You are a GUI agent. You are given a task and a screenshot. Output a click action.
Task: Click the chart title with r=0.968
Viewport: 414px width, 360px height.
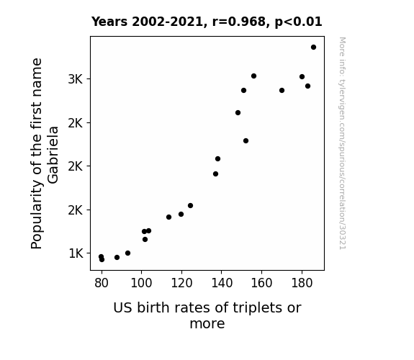pyautogui.click(x=207, y=22)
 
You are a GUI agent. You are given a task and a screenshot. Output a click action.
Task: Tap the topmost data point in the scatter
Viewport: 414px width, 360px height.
pyautogui.click(x=313, y=48)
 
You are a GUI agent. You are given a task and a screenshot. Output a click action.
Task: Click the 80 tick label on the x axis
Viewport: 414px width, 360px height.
pyautogui.click(x=102, y=283)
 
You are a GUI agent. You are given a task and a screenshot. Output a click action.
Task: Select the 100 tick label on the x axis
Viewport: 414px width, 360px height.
pyautogui.click(x=142, y=283)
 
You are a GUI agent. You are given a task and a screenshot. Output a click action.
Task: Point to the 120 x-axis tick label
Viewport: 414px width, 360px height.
pyautogui.click(x=181, y=283)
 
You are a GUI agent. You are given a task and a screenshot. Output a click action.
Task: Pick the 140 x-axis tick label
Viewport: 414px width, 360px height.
pyautogui.click(x=222, y=283)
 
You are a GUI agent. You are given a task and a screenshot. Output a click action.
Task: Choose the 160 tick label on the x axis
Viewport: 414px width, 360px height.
pyautogui.click(x=261, y=283)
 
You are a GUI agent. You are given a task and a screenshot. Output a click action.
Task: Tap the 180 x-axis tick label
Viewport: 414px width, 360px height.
pyautogui.click(x=302, y=283)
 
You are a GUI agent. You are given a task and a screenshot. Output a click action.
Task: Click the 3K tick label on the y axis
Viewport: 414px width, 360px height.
pyautogui.click(x=76, y=79)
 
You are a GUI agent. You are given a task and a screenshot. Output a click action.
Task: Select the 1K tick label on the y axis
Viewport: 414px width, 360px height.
pyautogui.click(x=76, y=253)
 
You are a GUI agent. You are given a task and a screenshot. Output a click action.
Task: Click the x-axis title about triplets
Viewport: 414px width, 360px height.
pyautogui.click(x=207, y=315)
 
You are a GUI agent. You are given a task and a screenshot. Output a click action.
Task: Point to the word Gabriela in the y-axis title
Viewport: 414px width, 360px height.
pyautogui.click(x=53, y=155)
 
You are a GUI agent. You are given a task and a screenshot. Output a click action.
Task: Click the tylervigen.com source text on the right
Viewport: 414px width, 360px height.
pyautogui.click(x=342, y=143)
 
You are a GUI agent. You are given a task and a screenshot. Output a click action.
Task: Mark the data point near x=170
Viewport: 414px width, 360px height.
pyautogui.click(x=282, y=90)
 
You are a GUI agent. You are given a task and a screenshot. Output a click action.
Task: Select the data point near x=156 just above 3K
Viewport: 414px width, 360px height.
pyautogui.click(x=253, y=76)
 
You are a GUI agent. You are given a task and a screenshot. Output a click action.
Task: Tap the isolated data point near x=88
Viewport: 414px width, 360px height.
pyautogui.click(x=117, y=257)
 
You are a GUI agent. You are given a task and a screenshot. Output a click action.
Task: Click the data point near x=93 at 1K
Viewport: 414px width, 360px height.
pyautogui.click(x=127, y=253)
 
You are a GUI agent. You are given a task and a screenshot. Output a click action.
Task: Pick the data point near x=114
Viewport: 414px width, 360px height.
pyautogui.click(x=168, y=217)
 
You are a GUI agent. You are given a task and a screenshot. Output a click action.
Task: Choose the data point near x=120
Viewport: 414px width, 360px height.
pyautogui.click(x=181, y=215)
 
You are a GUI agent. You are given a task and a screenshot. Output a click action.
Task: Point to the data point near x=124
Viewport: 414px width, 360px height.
pyautogui.click(x=190, y=205)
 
